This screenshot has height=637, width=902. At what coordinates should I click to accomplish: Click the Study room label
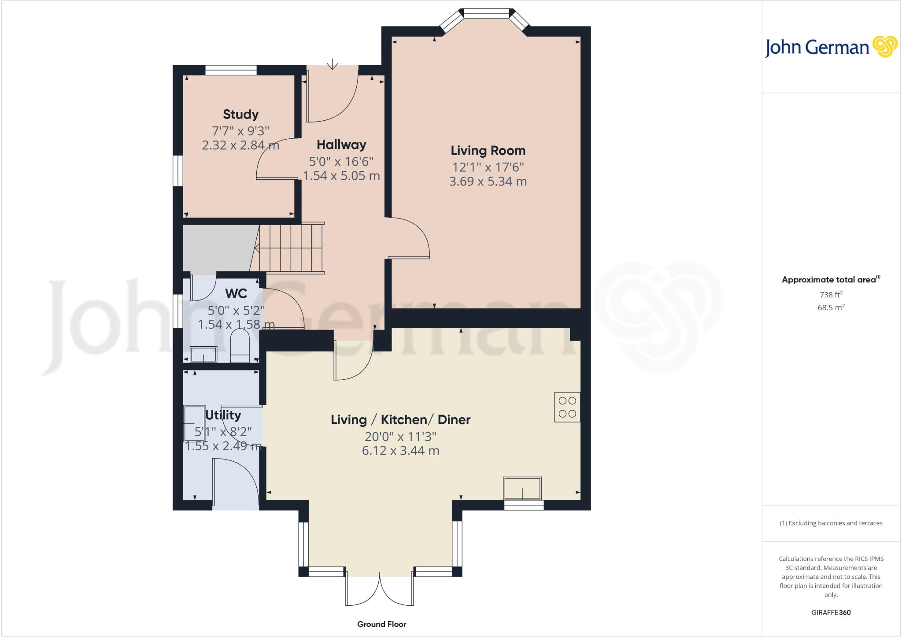pyautogui.click(x=240, y=115)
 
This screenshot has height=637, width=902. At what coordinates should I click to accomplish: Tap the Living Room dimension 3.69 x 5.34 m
pyautogui.click(x=488, y=181)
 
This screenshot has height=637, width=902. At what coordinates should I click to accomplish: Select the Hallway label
pyautogui.click(x=341, y=145)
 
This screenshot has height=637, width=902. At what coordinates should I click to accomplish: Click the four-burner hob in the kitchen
pyautogui.click(x=567, y=407)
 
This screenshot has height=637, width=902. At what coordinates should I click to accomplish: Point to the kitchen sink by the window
pyautogui.click(x=522, y=488)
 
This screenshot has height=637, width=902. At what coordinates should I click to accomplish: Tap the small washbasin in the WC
pyautogui.click(x=203, y=354)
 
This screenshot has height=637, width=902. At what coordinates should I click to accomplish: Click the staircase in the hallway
pyautogui.click(x=291, y=249)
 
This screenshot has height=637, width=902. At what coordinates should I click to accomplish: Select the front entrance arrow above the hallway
pyautogui.click(x=333, y=65)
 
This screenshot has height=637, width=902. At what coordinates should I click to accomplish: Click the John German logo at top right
pyautogui.click(x=830, y=47)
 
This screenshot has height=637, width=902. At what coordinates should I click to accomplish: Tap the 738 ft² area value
pyautogui.click(x=830, y=295)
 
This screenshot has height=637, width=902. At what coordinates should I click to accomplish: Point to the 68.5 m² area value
pyautogui.click(x=830, y=307)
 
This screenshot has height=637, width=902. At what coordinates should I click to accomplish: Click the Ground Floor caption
pyautogui.click(x=381, y=624)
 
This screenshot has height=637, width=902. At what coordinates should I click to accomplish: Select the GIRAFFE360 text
pyautogui.click(x=831, y=612)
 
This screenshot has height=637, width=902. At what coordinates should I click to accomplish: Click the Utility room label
pyautogui.click(x=223, y=415)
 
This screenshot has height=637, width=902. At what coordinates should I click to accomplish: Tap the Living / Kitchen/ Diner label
pyautogui.click(x=400, y=420)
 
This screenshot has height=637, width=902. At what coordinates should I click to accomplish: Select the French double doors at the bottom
pyautogui.click(x=380, y=590)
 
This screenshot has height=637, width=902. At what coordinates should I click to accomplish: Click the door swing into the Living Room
pyautogui.click(x=410, y=238)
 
